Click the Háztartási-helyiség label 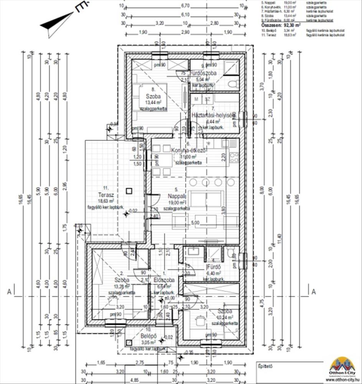pos(213,115)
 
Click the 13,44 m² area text pos(153,103)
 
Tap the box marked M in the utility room pos(197,99)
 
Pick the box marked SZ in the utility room pos(208,99)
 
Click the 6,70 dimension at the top pos(185,6)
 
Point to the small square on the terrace pos(129,190)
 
